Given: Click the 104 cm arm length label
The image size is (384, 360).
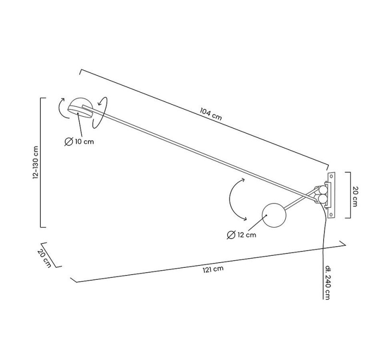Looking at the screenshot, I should click(x=211, y=114).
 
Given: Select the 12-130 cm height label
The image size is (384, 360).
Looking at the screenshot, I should click(x=35, y=163).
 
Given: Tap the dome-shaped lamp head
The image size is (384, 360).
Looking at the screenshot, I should click(x=79, y=108).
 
